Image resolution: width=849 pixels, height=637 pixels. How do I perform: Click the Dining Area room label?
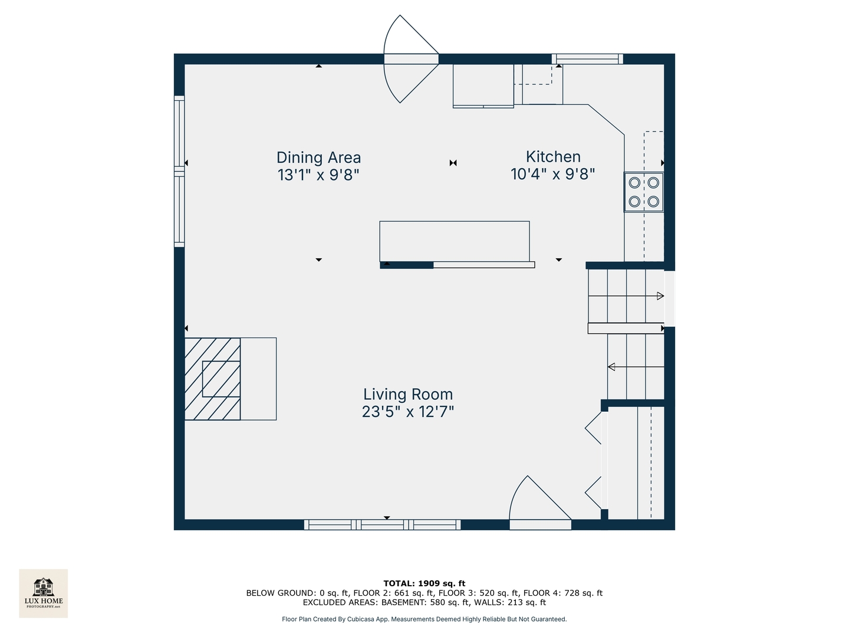(318, 157)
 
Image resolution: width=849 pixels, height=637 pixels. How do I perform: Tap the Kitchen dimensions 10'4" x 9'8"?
(552, 174)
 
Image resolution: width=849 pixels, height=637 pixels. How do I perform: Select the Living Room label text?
(407, 394)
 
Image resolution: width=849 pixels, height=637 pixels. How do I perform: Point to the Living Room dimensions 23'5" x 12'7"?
(407, 412)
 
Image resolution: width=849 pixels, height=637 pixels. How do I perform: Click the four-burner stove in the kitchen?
(644, 192)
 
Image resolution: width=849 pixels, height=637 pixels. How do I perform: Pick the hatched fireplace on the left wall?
(213, 379)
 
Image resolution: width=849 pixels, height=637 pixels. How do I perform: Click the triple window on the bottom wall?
(382, 524)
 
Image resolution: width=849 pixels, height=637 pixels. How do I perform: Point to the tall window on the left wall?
(179, 171)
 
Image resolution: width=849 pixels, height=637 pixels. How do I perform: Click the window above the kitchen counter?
(587, 58)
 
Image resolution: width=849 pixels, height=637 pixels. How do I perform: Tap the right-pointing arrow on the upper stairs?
(660, 296)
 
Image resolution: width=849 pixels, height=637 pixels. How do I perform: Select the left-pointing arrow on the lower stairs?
(611, 367)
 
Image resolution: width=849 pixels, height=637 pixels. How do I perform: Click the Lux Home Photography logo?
(44, 593)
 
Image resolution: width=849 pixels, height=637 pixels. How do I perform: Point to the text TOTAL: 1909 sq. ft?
(424, 583)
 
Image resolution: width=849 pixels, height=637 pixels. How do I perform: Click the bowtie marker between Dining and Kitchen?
(453, 163)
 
